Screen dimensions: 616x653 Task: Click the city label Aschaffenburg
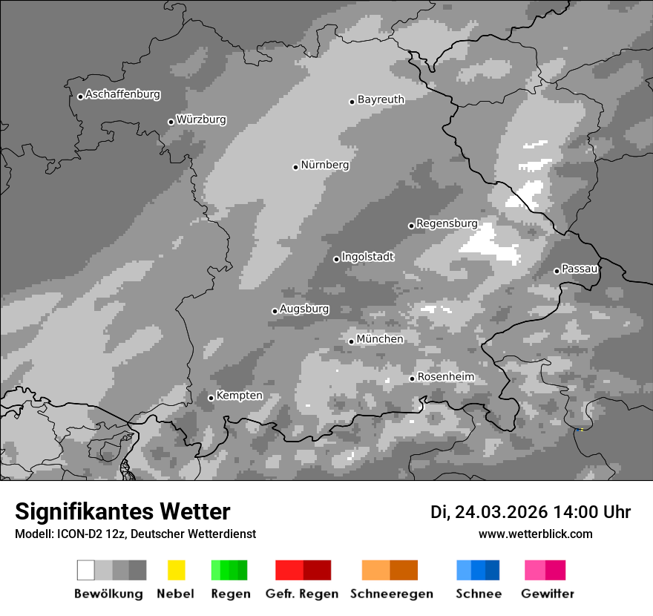pyautogui.click(x=122, y=94)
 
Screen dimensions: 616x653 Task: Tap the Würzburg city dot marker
pyautogui.click(x=171, y=122)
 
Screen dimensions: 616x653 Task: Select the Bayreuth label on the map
pyautogui.click(x=381, y=99)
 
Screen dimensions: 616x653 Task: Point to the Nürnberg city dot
pyautogui.click(x=295, y=167)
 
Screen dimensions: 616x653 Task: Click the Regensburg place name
pyautogui.click(x=447, y=223)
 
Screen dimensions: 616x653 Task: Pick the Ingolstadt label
pyautogui.click(x=367, y=257)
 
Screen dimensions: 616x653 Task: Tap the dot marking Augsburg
pyautogui.click(x=275, y=311)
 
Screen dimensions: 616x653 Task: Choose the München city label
pyautogui.click(x=380, y=339)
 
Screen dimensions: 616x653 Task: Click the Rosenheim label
pyautogui.click(x=445, y=377)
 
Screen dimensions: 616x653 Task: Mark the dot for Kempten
pyautogui.click(x=211, y=398)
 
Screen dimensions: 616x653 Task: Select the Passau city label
pyautogui.click(x=580, y=269)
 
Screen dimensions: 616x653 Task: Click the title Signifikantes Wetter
pyautogui.click(x=122, y=512)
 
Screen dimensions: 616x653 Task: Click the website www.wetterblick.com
pyautogui.click(x=535, y=534)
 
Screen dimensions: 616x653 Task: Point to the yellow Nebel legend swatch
pyautogui.click(x=176, y=570)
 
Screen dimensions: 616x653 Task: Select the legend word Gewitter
pyautogui.click(x=547, y=594)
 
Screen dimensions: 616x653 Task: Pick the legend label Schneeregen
pyautogui.click(x=392, y=594)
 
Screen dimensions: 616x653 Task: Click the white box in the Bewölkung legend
pyautogui.click(x=85, y=570)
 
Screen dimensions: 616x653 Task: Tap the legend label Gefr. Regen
pyautogui.click(x=302, y=594)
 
